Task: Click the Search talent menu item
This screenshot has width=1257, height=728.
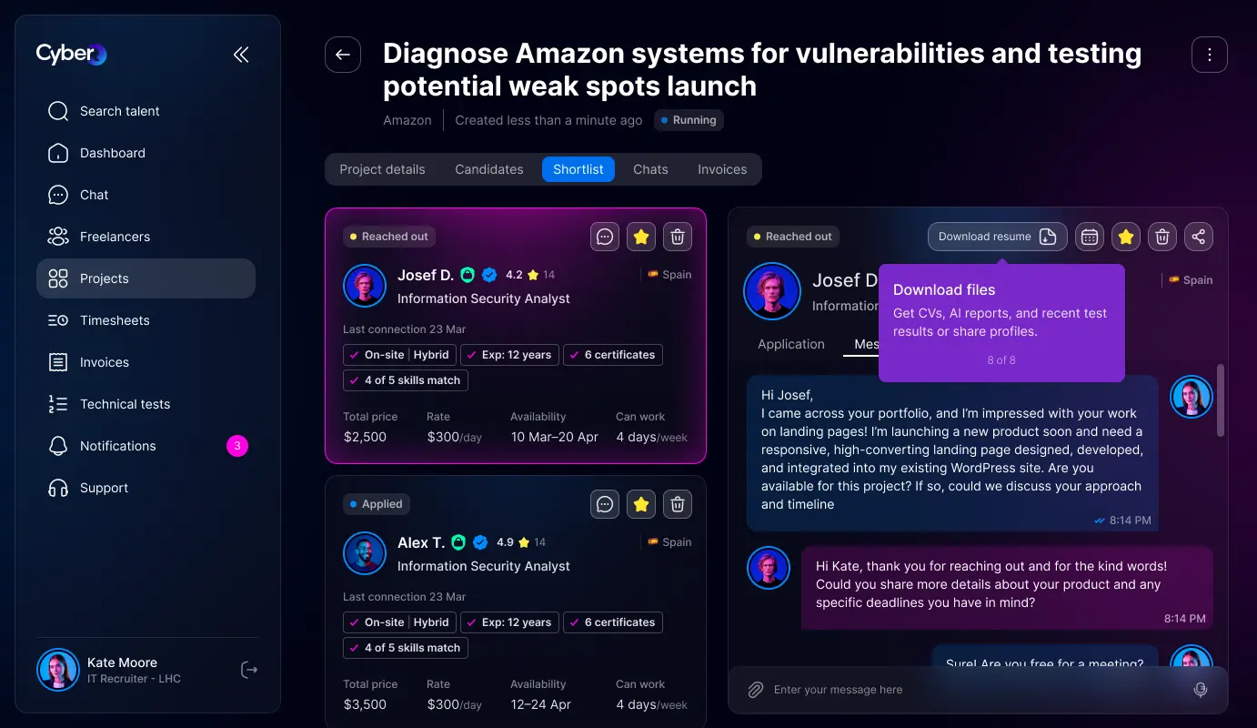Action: click(119, 111)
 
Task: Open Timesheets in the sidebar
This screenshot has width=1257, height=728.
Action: click(114, 320)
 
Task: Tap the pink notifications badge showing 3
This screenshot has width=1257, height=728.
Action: click(236, 446)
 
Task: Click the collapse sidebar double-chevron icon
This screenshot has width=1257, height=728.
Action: click(241, 55)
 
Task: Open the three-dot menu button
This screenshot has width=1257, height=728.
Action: click(1209, 55)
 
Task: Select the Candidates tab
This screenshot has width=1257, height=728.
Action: click(488, 169)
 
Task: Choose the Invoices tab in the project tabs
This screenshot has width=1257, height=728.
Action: click(722, 169)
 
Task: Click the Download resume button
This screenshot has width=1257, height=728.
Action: click(997, 237)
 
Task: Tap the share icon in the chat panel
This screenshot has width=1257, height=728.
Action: click(1198, 237)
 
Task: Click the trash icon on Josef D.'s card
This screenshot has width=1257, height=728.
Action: click(677, 237)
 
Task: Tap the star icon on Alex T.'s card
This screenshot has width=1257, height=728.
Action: click(640, 504)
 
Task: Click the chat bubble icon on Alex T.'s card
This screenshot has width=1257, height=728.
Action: click(605, 504)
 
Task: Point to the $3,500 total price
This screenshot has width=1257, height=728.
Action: click(365, 704)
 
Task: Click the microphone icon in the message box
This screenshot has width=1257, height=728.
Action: click(1200, 690)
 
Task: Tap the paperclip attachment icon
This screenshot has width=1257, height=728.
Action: click(755, 690)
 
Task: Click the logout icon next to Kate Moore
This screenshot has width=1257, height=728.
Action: click(248, 670)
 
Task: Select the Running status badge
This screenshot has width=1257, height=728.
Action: click(689, 120)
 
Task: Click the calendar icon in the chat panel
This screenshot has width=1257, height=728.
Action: click(1090, 237)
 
